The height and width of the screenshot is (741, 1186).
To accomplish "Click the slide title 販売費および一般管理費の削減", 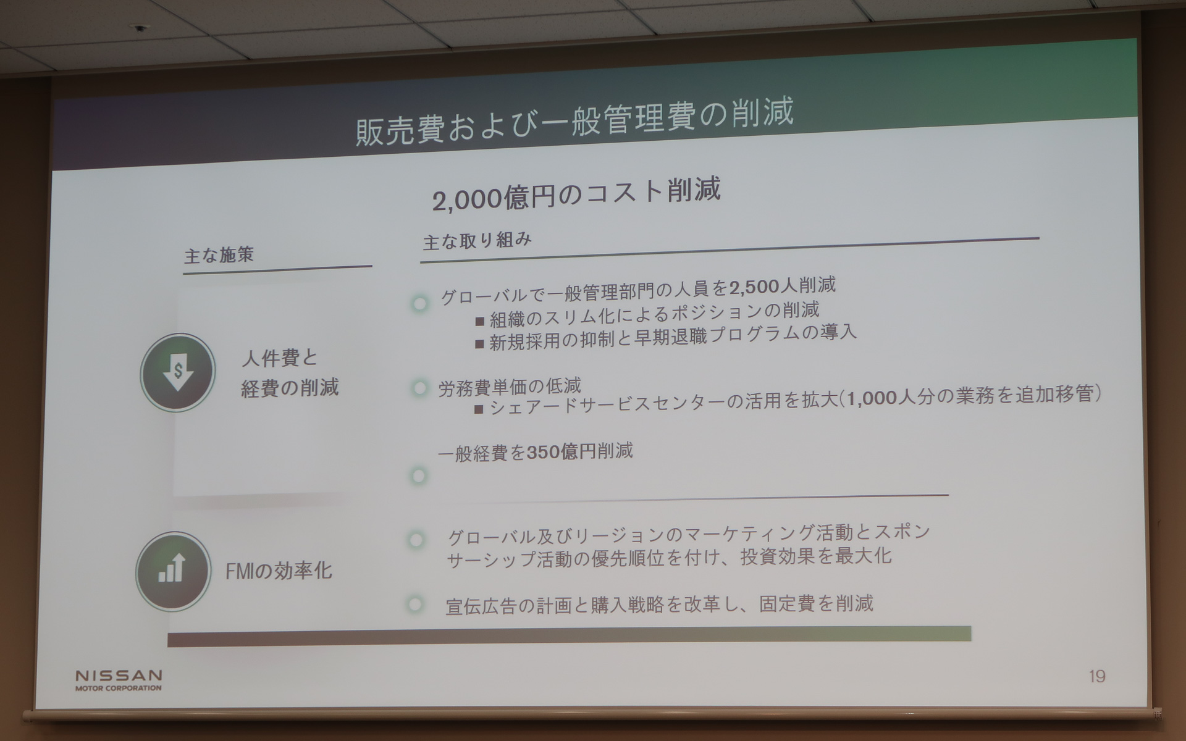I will (574, 122).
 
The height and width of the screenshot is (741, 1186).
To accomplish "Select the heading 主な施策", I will (219, 255).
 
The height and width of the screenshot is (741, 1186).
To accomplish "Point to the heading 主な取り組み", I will (477, 241).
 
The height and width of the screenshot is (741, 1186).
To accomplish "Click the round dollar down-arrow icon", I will (178, 372).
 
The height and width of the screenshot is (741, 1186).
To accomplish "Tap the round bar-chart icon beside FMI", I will (172, 571).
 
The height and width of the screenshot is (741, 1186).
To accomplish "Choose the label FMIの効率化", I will (279, 571).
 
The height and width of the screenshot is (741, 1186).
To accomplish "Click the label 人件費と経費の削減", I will (289, 373).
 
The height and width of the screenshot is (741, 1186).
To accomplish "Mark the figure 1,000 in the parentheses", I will (872, 398).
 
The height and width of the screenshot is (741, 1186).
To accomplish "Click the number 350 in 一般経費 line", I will (543, 453).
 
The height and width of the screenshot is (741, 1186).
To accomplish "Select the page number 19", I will (1097, 677).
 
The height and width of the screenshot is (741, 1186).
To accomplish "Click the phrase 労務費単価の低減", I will (510, 387).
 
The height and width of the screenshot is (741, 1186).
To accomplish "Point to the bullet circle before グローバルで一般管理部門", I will (420, 304).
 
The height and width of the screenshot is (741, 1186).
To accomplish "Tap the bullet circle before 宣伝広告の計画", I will (416, 604).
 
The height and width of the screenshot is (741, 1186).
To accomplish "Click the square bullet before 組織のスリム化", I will (480, 320).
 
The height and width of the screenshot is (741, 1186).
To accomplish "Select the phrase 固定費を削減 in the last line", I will (815, 603).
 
